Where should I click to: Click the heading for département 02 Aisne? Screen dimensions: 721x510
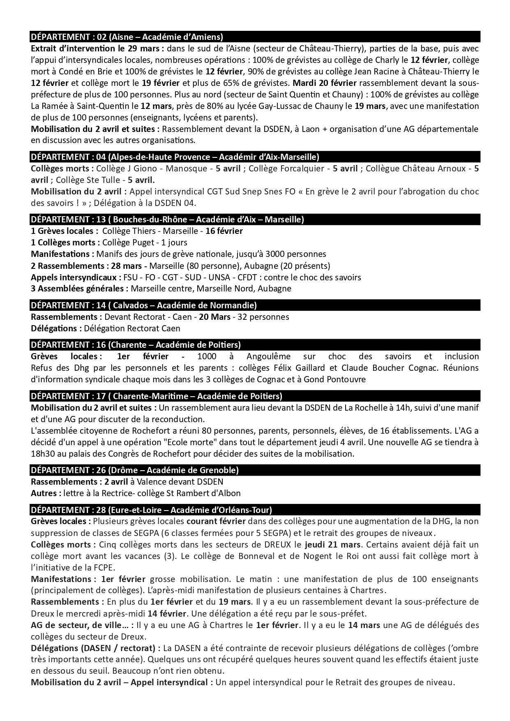127,37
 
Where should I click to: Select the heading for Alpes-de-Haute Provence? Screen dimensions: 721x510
175,157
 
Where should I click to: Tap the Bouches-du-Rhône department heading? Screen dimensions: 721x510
167,219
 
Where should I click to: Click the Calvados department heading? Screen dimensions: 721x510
144,305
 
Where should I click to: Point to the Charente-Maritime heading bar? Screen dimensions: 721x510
157,396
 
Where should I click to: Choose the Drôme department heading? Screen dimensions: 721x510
135,470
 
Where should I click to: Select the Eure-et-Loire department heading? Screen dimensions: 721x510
151,510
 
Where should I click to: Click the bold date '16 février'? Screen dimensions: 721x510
224,231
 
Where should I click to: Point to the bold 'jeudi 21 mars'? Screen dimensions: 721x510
332,545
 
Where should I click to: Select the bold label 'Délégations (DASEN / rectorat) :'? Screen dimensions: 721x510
96,648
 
